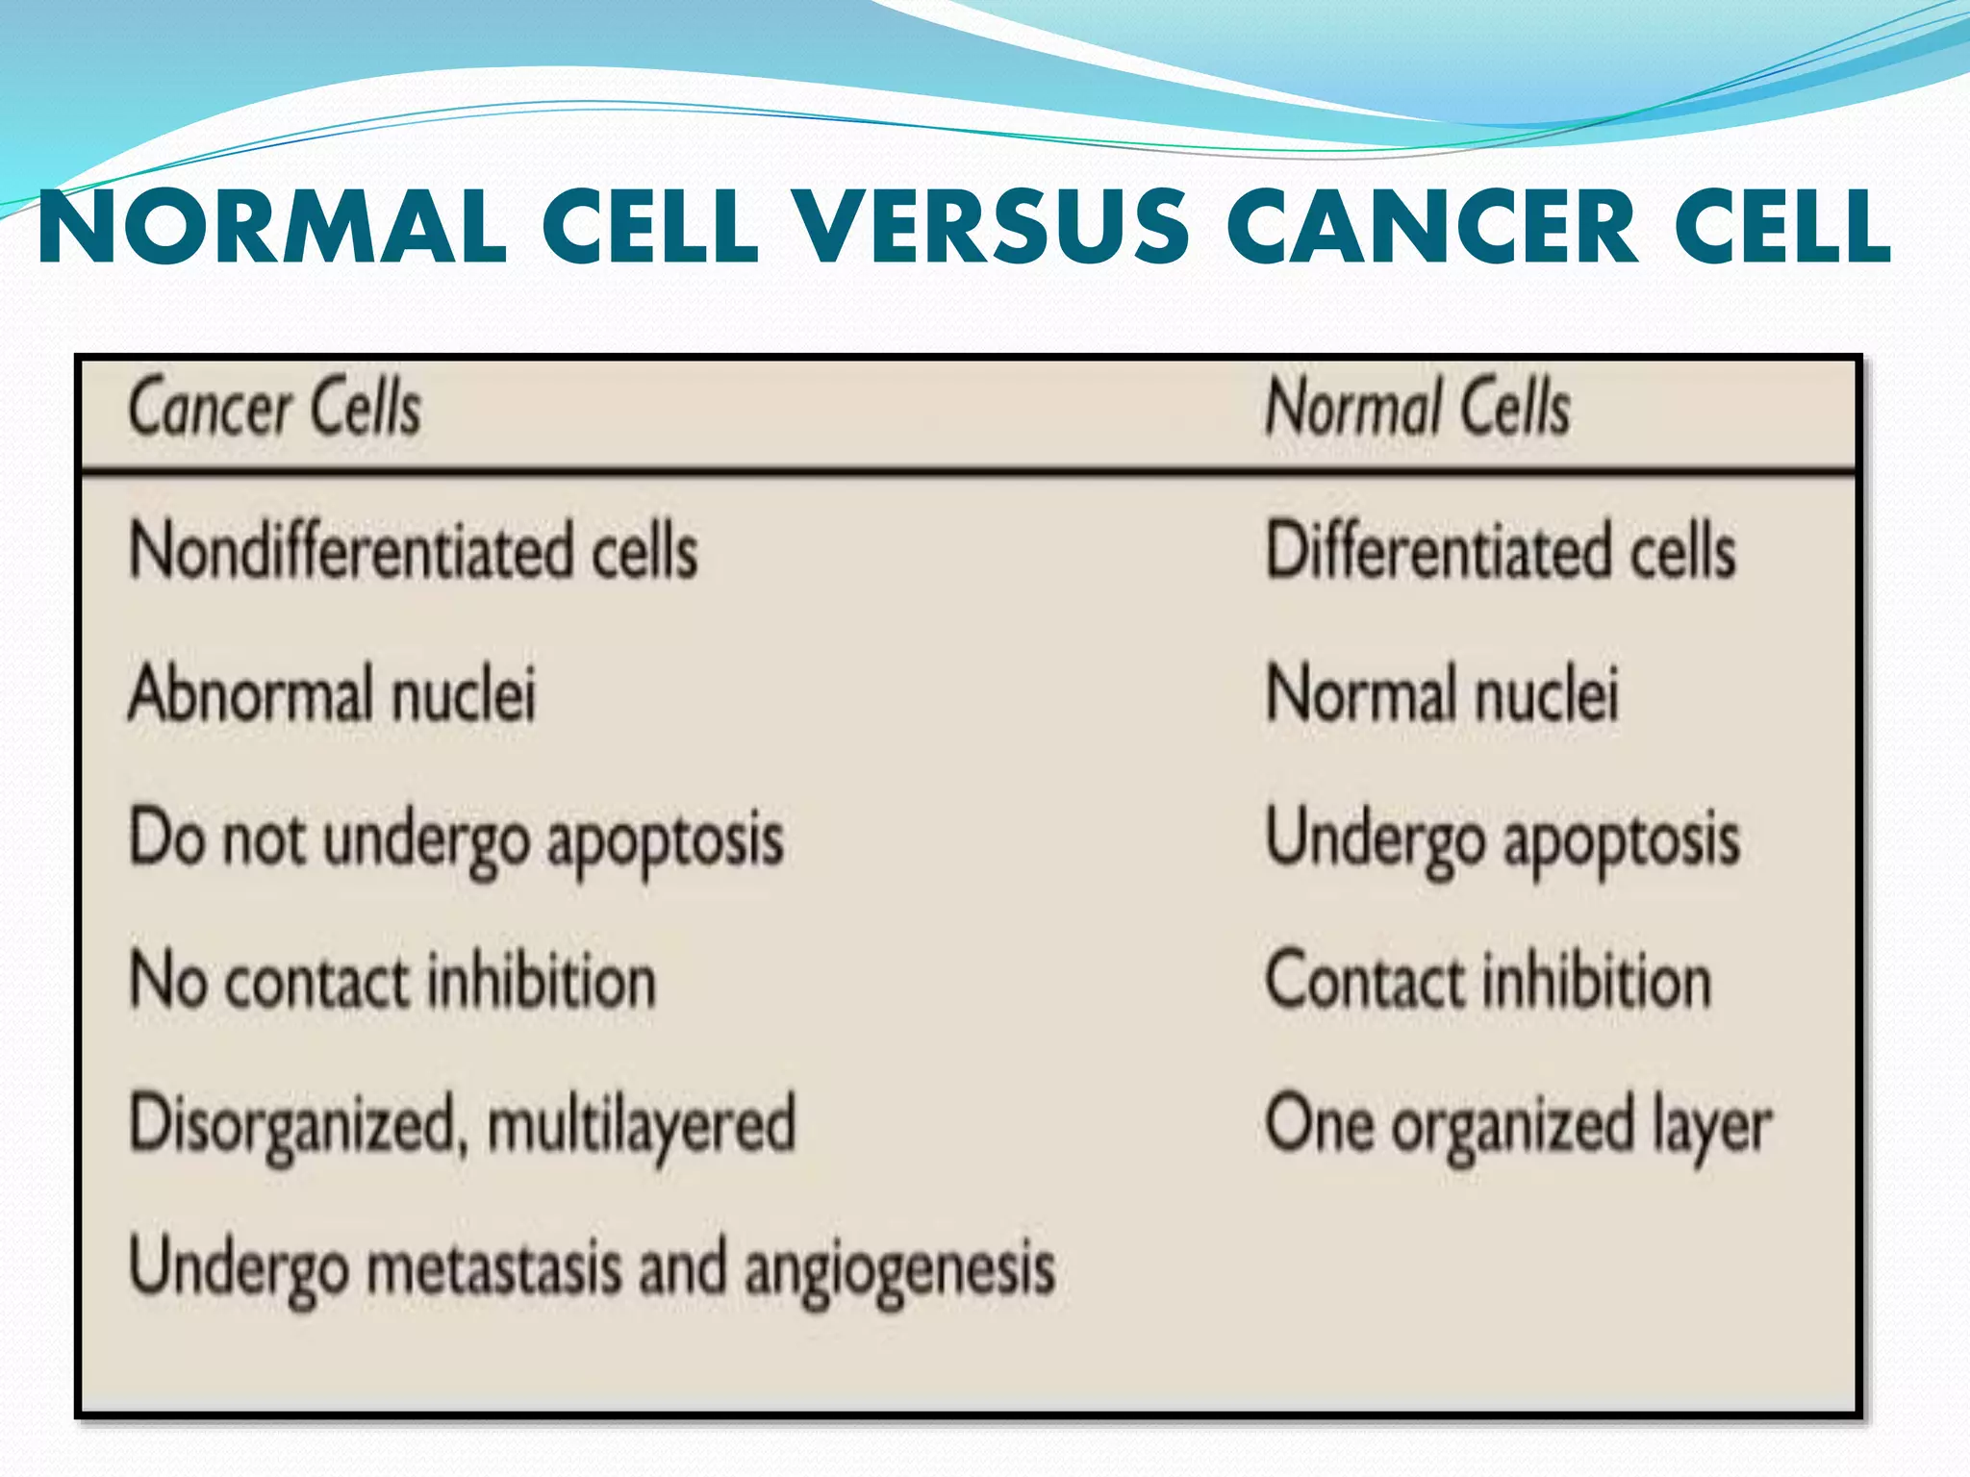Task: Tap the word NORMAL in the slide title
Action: tap(272, 228)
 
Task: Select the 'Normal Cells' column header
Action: tap(1417, 408)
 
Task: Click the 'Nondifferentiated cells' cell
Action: tap(414, 551)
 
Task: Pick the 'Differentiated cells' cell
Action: tap(1500, 551)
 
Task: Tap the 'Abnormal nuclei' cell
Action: tap(332, 693)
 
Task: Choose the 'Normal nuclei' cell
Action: tap(1442, 693)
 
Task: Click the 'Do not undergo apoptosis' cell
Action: tap(456, 839)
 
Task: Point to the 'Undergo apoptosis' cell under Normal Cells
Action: tap(1502, 839)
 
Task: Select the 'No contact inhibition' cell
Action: tap(392, 981)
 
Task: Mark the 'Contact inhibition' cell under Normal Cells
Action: tap(1487, 981)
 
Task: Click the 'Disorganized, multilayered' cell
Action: tap(462, 1124)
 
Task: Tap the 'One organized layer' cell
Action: tap(1517, 1124)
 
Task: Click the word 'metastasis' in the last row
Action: tap(494, 1267)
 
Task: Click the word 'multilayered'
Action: tap(642, 1124)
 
